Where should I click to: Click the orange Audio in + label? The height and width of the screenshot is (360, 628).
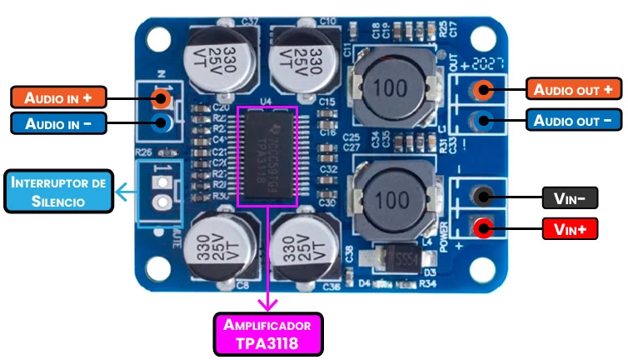57,97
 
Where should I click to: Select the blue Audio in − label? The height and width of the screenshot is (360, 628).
57,123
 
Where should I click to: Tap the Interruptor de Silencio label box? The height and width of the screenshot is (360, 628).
58,191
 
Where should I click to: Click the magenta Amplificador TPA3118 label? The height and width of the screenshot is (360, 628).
267,333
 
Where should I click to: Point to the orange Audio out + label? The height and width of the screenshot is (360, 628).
574,89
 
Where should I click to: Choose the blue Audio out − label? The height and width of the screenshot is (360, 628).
574,120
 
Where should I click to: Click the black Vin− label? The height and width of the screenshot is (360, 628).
569,197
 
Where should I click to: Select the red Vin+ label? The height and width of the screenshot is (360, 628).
569,227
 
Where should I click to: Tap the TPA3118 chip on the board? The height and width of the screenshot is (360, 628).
267,156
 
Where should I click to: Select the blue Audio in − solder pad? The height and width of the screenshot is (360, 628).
163,123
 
